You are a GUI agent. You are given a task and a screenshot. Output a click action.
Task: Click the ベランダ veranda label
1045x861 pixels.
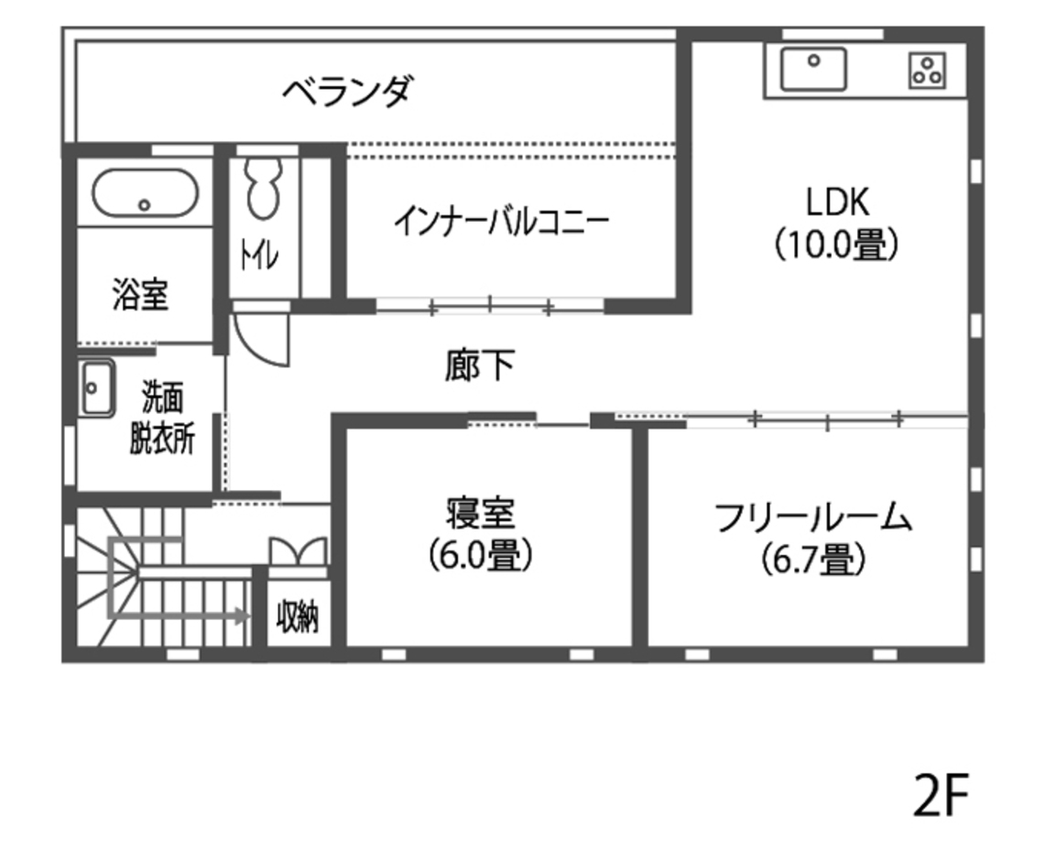click(x=347, y=91)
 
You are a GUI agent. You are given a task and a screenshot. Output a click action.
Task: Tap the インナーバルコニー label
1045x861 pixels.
click(x=501, y=222)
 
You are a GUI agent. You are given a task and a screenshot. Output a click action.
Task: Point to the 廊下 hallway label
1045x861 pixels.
click(x=480, y=366)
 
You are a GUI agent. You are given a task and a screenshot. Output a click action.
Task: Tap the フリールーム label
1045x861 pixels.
click(x=813, y=518)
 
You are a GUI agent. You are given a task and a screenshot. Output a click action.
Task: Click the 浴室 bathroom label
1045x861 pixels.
click(x=140, y=295)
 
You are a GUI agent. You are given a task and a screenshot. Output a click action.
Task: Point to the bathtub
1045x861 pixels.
click(x=145, y=193)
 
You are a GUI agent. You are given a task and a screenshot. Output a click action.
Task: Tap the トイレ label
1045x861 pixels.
click(x=257, y=256)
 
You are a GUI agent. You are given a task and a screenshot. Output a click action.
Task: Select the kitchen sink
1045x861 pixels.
click(x=813, y=69)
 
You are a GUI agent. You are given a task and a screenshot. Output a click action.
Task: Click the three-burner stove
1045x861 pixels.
click(x=927, y=70)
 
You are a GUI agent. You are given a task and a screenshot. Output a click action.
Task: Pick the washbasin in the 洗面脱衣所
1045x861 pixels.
click(x=95, y=388)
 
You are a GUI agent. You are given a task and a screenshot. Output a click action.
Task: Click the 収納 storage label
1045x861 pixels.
click(x=298, y=617)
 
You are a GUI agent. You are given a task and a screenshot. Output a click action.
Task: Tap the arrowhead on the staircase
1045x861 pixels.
click(x=243, y=616)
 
